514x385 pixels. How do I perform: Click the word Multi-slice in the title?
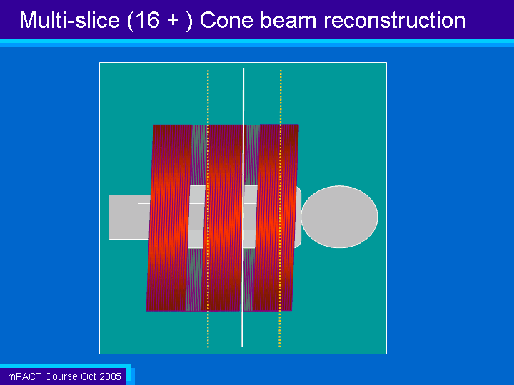click(x=69, y=20)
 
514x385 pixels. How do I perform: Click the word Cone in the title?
click(x=226, y=20)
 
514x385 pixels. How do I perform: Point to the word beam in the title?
click(x=288, y=20)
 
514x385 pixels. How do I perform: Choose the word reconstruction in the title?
click(x=395, y=20)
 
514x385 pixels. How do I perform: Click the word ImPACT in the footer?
click(x=24, y=376)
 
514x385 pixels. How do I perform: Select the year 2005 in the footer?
click(x=111, y=376)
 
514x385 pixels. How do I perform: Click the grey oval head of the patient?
click(x=340, y=217)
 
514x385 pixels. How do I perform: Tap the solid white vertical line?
click(x=243, y=207)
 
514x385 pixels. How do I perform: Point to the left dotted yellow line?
click(x=208, y=208)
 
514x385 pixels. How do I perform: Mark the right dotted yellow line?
click(x=281, y=210)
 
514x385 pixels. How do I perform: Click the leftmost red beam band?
click(x=169, y=217)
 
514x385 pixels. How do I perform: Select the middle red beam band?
click(x=225, y=217)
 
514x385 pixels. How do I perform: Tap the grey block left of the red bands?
click(x=129, y=217)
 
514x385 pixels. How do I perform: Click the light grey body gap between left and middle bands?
click(x=197, y=217)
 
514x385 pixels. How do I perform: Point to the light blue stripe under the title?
click(x=257, y=43)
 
